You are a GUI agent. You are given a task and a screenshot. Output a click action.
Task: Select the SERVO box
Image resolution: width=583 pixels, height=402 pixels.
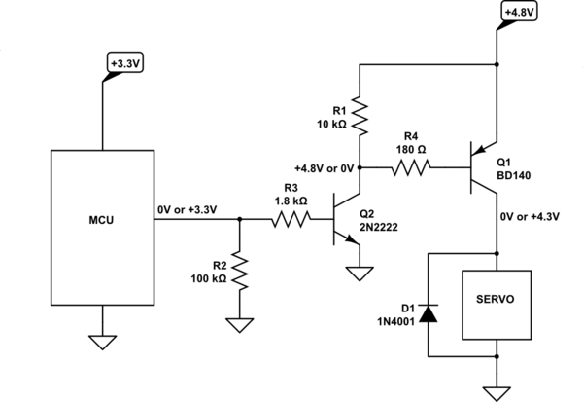496,301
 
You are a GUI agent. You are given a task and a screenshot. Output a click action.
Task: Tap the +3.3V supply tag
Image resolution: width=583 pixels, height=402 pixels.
123,63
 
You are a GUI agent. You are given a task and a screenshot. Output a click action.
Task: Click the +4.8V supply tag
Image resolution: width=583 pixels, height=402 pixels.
515,12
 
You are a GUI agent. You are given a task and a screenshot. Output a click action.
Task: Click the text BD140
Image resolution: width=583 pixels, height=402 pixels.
514,175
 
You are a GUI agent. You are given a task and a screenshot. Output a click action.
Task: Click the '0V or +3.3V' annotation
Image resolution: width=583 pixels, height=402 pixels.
186,208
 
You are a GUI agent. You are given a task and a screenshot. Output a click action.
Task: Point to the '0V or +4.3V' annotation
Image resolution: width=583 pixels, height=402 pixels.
531,216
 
